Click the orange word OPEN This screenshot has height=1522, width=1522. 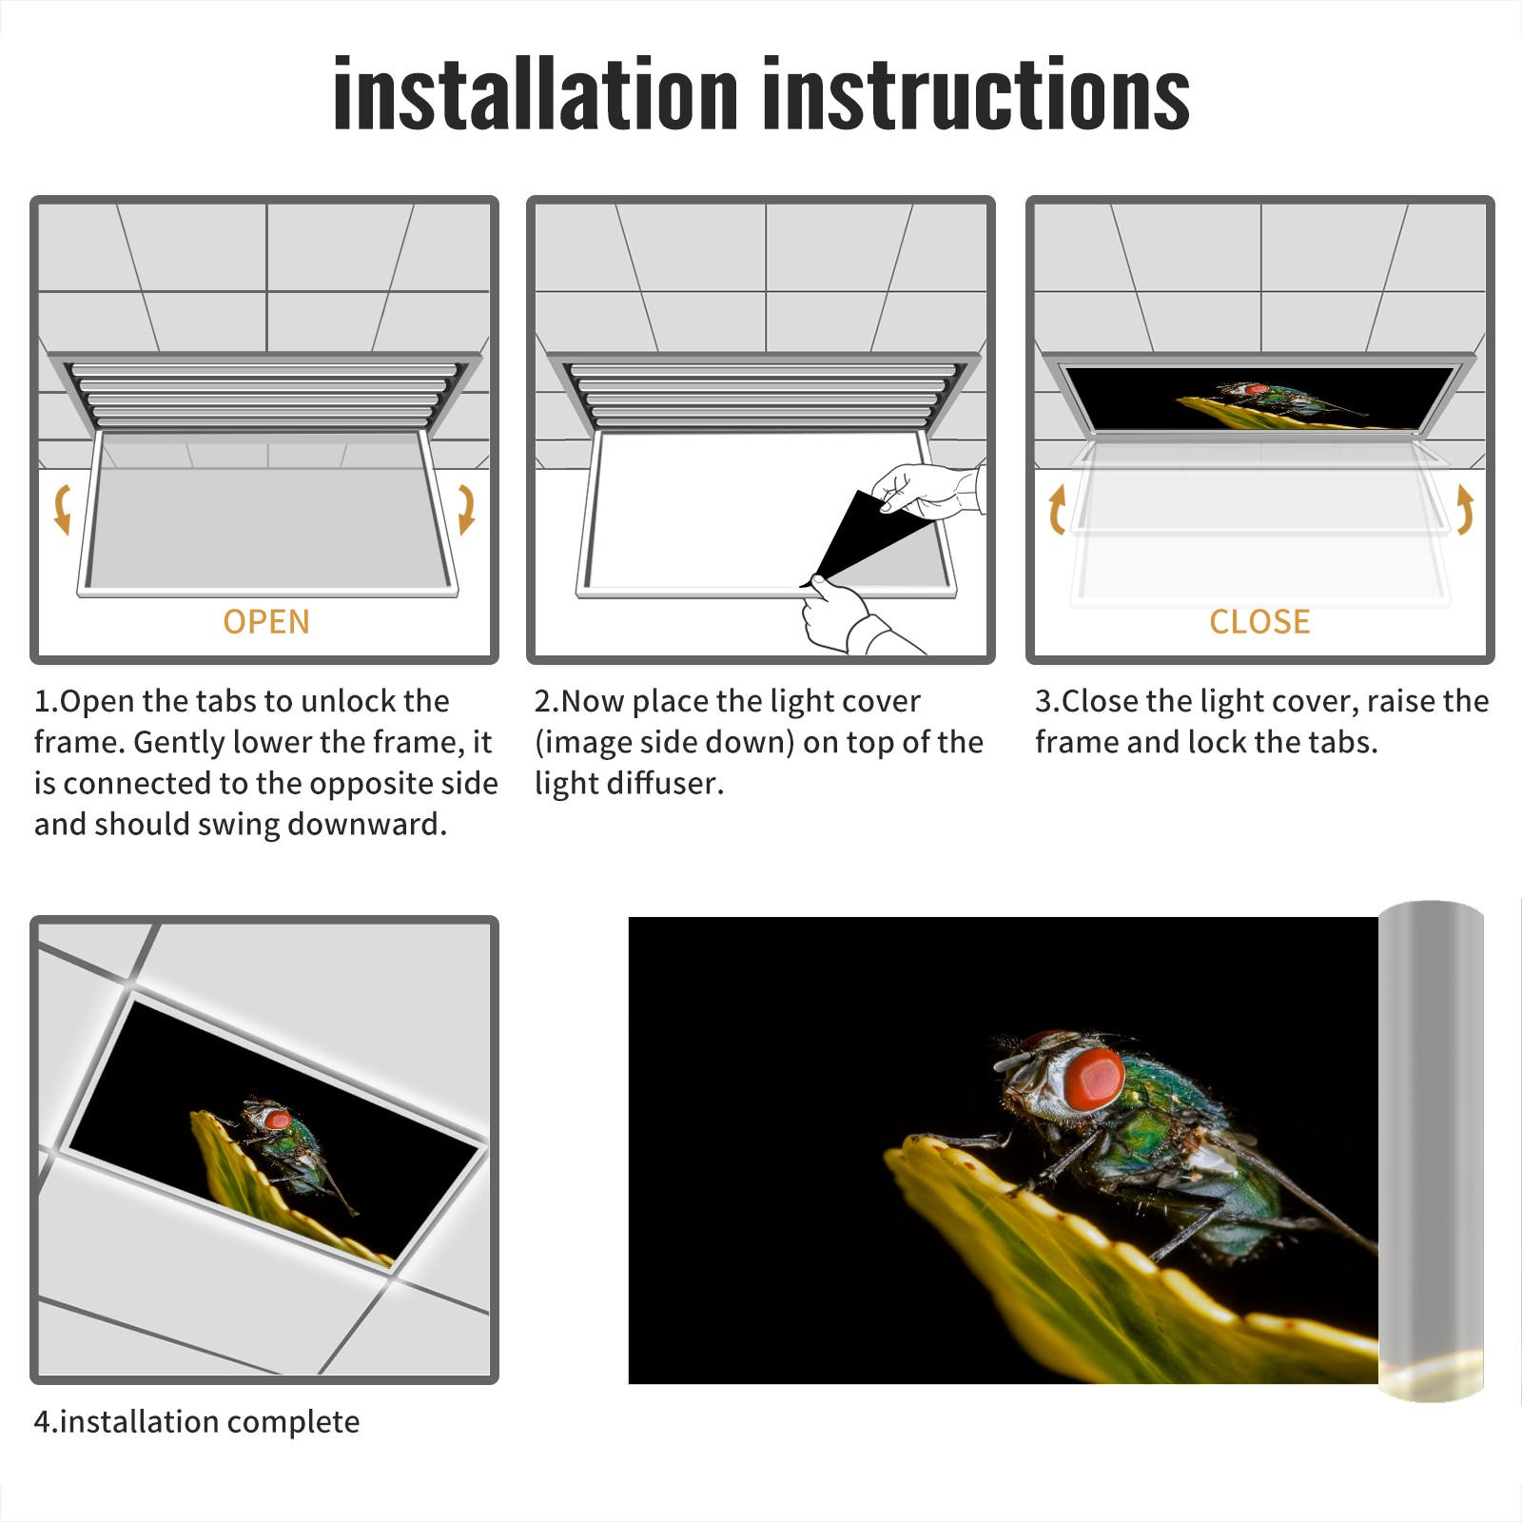click(x=266, y=621)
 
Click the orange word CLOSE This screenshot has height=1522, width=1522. click(x=1259, y=621)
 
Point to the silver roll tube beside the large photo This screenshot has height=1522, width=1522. click(x=1431, y=1150)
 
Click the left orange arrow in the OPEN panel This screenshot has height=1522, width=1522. click(x=63, y=509)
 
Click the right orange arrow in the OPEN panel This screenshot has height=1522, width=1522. click(x=466, y=509)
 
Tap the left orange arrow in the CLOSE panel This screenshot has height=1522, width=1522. click(x=1056, y=509)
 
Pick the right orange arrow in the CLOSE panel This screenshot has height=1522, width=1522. click(x=1465, y=509)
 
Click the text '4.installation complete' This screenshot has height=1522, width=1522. click(x=197, y=1422)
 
